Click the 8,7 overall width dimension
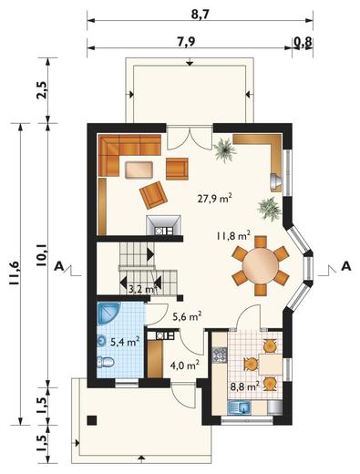(x=200, y=15)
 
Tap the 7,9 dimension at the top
(x=186, y=42)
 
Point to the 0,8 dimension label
(x=303, y=42)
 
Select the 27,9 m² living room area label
(x=215, y=199)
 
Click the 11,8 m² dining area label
(x=233, y=235)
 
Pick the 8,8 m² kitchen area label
(x=244, y=386)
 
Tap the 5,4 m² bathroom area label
(x=125, y=342)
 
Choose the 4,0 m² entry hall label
(x=185, y=365)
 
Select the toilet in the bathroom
(x=105, y=362)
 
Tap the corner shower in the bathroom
(x=108, y=314)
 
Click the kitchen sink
(x=239, y=407)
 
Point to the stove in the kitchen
(x=220, y=355)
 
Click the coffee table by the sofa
(x=139, y=170)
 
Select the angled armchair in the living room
(x=153, y=195)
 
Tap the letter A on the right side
(x=346, y=266)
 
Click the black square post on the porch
(x=92, y=420)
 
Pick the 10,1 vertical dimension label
(x=41, y=255)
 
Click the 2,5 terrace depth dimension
(x=42, y=90)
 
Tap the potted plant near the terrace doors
(x=224, y=149)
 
